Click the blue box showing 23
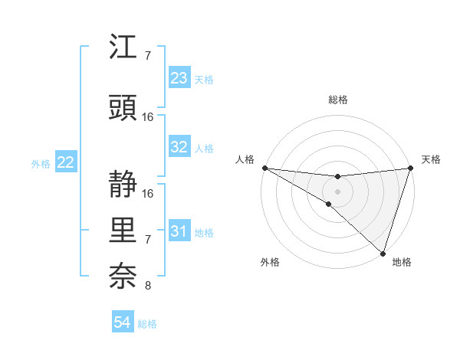tap(179, 78)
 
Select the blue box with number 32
tap(179, 147)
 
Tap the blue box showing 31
tap(179, 231)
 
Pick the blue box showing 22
tap(66, 162)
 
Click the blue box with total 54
tap(123, 323)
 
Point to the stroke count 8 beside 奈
tap(147, 286)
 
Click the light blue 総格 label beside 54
tap(147, 324)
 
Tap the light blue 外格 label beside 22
tap(41, 163)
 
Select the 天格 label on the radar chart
tap(431, 159)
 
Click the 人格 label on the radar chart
tap(245, 159)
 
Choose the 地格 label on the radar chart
tap(402, 262)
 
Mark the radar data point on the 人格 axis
tap(264, 167)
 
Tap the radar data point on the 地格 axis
tap(383, 253)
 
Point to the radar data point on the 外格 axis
tap(328, 204)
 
